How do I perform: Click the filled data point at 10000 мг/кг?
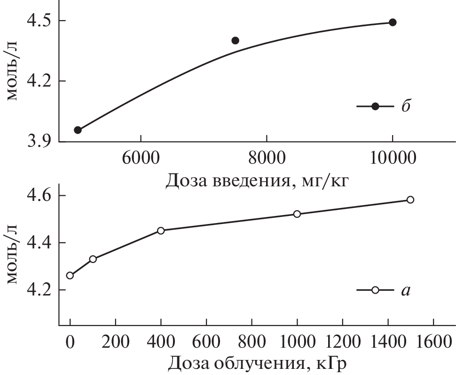[393, 22]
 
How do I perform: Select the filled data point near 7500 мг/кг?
[236, 40]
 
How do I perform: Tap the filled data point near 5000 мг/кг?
[78, 130]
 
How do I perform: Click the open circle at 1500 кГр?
[410, 199]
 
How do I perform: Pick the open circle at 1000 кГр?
[297, 214]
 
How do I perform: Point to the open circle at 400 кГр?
[161, 231]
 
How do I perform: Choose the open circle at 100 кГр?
[93, 259]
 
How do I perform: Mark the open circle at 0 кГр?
[70, 275]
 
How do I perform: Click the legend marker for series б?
[375, 106]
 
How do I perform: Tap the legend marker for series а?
[375, 290]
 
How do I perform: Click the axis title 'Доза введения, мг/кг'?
[257, 179]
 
